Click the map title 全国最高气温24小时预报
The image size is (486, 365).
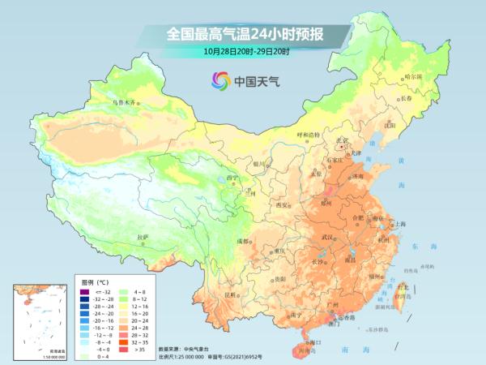tap(242, 34)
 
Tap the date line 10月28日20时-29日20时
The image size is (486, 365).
tap(243, 51)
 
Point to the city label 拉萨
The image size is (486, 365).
tap(143, 237)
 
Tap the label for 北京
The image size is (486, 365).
tap(344, 140)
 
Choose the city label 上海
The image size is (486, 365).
tap(399, 223)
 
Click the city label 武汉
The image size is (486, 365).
tap(327, 236)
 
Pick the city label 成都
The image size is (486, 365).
tap(243, 242)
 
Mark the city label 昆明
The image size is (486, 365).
tap(230, 294)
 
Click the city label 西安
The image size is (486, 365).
tap(283, 205)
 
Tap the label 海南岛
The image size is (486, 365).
tap(305, 350)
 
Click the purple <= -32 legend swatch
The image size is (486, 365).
tap(84, 290)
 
